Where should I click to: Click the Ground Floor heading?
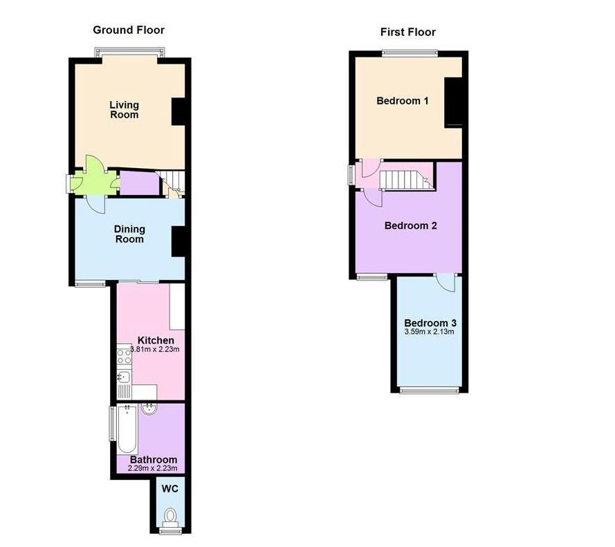(x=129, y=30)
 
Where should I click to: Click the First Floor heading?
(x=408, y=32)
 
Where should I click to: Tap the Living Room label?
(x=125, y=109)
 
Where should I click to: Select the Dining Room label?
(x=130, y=234)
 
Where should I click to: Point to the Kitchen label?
(x=156, y=340)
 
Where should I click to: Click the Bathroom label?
(x=154, y=459)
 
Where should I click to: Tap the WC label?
(x=169, y=488)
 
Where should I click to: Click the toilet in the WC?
(x=170, y=516)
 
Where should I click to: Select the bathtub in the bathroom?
(x=127, y=429)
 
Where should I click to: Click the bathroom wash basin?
(x=149, y=409)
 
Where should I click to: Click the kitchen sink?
(x=125, y=378)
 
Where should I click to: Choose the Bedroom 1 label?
(x=403, y=101)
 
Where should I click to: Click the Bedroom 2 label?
(x=411, y=225)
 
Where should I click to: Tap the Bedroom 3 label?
(x=430, y=323)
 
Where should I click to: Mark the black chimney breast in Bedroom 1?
(x=453, y=102)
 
